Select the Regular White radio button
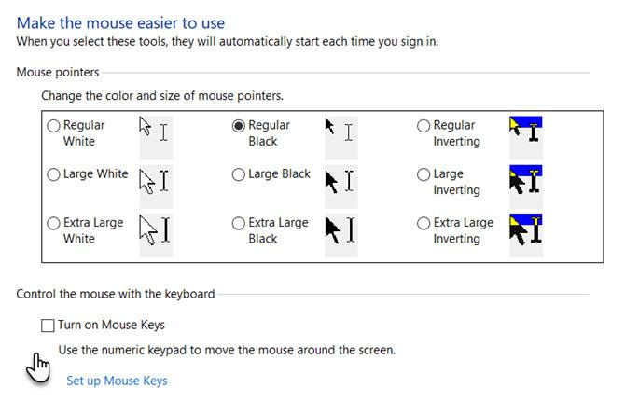pos(53,126)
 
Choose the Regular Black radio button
pos(239,126)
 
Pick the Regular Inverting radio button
pos(424,126)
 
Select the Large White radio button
pos(53,174)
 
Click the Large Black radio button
pos(239,174)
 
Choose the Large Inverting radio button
pos(424,174)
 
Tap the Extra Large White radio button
pos(53,223)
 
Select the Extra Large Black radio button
pos(239,223)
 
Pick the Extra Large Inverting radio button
pos(424,223)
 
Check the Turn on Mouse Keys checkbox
pos(48,326)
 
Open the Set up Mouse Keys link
pos(117,381)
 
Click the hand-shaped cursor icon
pos(38,368)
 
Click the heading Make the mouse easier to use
pos(120,23)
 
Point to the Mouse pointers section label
pos(58,72)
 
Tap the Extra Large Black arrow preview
pos(333,229)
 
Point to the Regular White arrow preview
pos(146,126)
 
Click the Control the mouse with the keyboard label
pos(116,294)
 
